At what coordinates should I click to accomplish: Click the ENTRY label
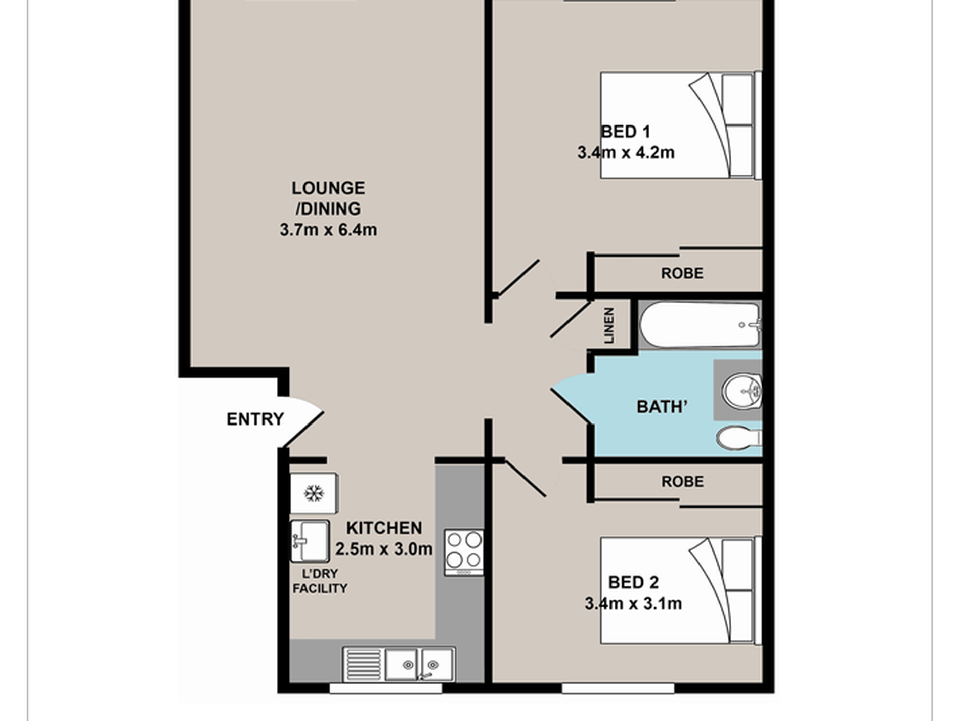255,419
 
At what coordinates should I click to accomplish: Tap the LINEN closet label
609,325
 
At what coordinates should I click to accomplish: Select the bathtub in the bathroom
701,325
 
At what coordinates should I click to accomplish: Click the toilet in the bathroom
739,438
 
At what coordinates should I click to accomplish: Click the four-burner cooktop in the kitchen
464,553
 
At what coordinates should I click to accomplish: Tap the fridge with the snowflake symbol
314,493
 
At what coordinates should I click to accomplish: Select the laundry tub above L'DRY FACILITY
310,541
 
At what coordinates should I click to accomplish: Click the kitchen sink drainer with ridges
364,664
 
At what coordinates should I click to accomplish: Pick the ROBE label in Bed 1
682,273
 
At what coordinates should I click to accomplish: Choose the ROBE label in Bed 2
682,481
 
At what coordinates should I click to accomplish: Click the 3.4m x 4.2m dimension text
626,152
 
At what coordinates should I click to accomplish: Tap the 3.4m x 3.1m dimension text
633,603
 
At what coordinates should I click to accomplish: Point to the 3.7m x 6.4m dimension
328,230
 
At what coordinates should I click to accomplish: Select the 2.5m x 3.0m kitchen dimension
384,548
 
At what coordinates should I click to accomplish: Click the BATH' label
662,407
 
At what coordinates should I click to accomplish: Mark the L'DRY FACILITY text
320,581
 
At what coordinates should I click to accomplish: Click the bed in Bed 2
681,590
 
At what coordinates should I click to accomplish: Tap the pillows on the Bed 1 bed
737,125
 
